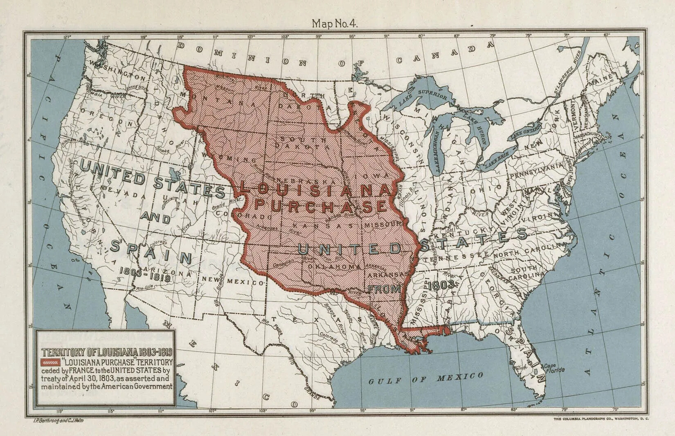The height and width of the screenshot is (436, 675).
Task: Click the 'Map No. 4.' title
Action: pos(335,23)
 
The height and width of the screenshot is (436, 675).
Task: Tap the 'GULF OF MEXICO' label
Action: pos(425,378)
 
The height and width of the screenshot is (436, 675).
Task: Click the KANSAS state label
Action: pos(323,226)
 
